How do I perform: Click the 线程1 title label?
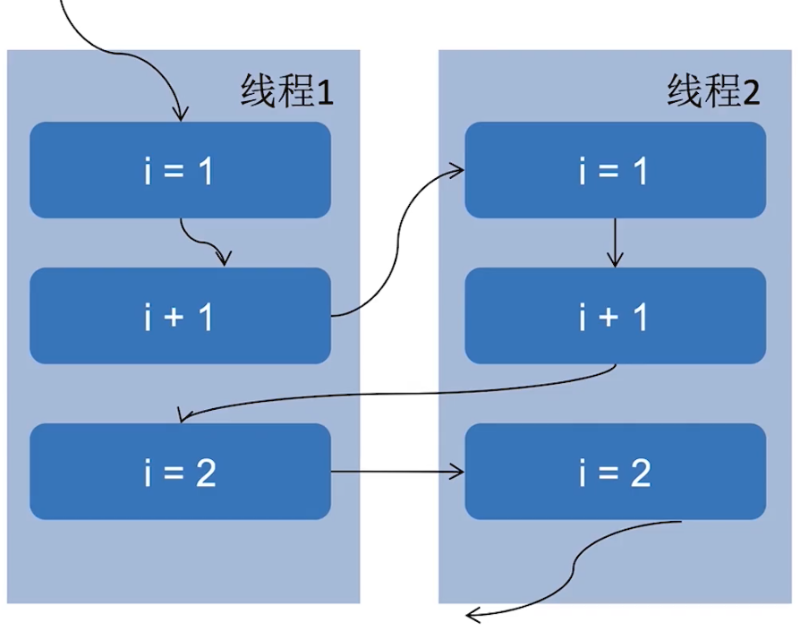(x=286, y=92)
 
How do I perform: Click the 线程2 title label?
(x=713, y=92)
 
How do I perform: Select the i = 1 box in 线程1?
(x=180, y=170)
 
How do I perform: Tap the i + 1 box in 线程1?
(x=180, y=316)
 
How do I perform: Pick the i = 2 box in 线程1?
(x=180, y=472)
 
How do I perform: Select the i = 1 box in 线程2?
(x=615, y=170)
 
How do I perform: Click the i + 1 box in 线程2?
(x=615, y=316)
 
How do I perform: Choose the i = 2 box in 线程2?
(x=615, y=472)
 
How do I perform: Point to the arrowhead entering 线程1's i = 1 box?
(x=181, y=115)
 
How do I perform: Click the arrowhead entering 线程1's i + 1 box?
(x=225, y=260)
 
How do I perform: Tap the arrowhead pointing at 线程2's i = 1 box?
(x=458, y=169)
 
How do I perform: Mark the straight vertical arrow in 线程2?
(x=614, y=242)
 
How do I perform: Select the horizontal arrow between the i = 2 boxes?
(x=397, y=472)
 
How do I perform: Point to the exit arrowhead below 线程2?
(x=472, y=614)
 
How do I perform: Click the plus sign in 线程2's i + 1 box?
(x=614, y=318)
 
